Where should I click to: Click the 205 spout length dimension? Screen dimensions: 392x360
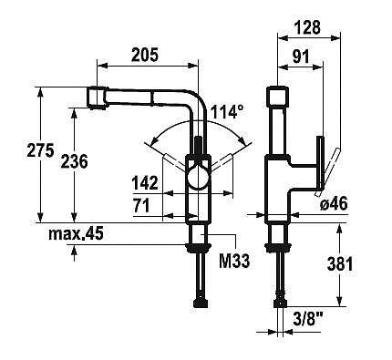[x=145, y=55]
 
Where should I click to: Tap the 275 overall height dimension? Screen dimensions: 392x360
[x=40, y=150]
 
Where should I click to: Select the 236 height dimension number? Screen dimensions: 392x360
[x=74, y=161]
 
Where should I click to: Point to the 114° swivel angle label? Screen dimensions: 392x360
[x=227, y=112]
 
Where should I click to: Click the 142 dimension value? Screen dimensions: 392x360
[x=145, y=183]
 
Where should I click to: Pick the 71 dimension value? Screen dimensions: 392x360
[x=141, y=205]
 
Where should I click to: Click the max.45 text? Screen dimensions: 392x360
[x=76, y=233]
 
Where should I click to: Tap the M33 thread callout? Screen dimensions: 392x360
[x=234, y=261]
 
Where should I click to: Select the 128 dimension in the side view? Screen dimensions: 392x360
[x=307, y=27]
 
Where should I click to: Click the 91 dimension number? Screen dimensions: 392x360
[x=301, y=57]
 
